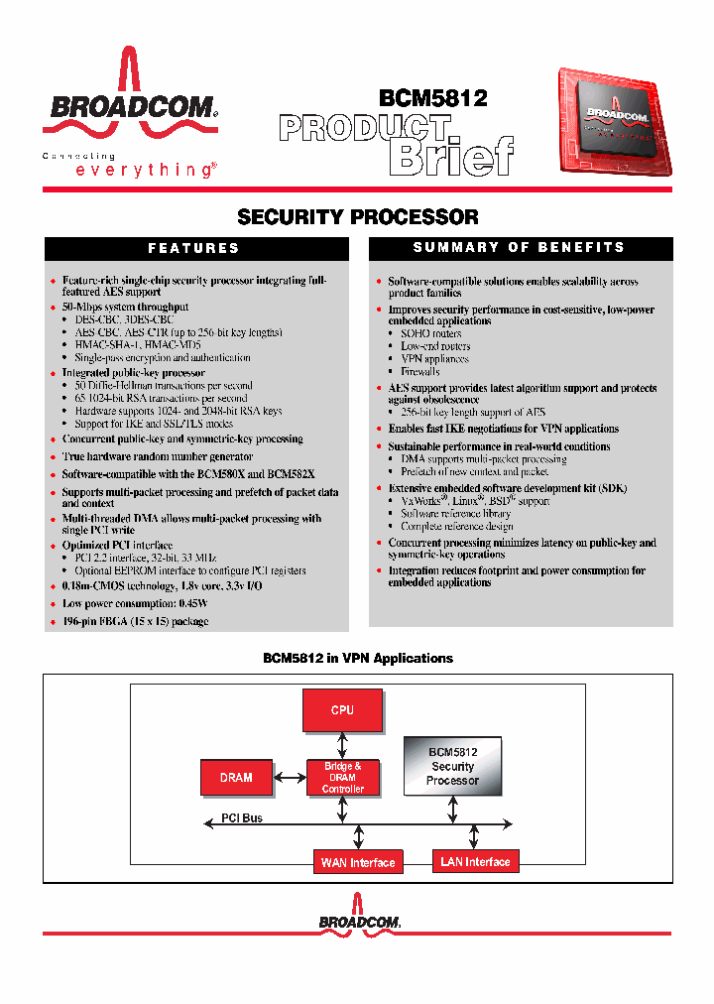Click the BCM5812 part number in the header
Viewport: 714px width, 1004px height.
(433, 97)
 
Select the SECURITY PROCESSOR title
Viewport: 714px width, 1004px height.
(358, 216)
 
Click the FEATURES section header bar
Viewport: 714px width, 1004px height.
(194, 248)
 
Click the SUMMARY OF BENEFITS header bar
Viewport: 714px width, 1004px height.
(520, 247)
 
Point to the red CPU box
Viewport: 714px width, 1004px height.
(342, 711)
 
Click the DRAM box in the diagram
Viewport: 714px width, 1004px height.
(236, 778)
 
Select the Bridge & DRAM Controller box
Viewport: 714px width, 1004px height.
(343, 778)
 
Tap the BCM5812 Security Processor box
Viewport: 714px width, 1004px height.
(452, 767)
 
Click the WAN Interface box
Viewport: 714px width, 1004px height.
(358, 862)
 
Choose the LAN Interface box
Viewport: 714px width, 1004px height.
(475, 861)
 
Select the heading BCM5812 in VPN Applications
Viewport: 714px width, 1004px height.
(357, 658)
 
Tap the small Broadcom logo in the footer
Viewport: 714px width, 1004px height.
(359, 921)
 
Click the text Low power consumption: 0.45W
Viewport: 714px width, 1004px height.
(135, 603)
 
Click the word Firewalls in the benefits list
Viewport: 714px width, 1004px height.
(420, 371)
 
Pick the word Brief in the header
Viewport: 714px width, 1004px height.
(451, 155)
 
